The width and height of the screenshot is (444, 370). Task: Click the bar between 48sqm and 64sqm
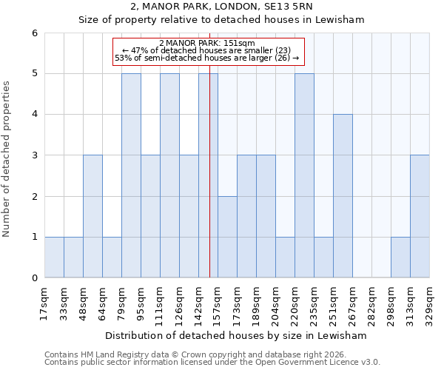(x=92, y=216)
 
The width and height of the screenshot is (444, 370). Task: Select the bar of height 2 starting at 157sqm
(x=227, y=237)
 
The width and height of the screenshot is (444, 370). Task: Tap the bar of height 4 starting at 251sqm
(x=343, y=196)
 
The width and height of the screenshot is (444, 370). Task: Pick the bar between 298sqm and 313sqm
(x=400, y=257)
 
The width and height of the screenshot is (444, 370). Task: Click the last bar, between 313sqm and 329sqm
(x=420, y=216)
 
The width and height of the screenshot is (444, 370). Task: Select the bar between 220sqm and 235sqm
(x=304, y=175)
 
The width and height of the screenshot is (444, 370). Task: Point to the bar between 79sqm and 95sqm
(x=131, y=175)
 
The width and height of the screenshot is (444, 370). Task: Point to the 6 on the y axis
(x=34, y=33)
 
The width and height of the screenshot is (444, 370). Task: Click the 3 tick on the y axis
(x=34, y=155)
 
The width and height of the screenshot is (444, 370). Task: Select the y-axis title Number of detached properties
(x=7, y=155)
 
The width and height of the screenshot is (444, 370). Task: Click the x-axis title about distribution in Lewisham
(x=237, y=335)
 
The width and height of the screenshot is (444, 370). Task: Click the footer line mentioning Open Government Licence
(x=212, y=363)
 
